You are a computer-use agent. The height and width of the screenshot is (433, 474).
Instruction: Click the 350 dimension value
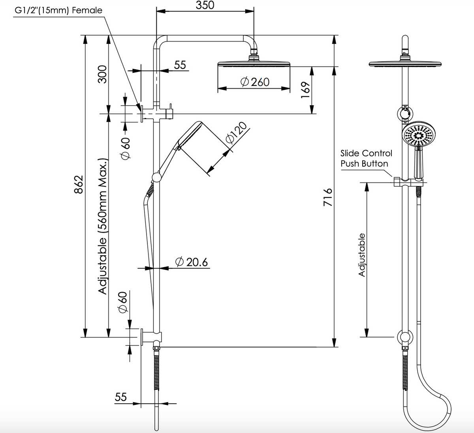tap(205, 5)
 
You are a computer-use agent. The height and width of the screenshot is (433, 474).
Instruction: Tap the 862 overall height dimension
tap(79, 184)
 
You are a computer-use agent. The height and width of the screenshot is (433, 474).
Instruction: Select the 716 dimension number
tap(328, 197)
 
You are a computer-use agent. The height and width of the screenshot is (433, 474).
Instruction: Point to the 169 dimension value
tap(305, 90)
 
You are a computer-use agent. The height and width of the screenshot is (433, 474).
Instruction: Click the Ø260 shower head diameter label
tap(255, 82)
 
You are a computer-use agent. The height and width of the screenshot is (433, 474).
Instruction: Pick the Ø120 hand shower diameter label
tap(236, 133)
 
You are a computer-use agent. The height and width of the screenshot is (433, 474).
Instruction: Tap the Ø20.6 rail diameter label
tap(192, 262)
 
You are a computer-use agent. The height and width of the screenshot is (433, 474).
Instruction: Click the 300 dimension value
tap(102, 74)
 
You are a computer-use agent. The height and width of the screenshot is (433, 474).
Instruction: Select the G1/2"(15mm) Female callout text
tap(58, 10)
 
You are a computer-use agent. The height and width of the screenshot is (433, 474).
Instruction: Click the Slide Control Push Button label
tap(366, 158)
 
